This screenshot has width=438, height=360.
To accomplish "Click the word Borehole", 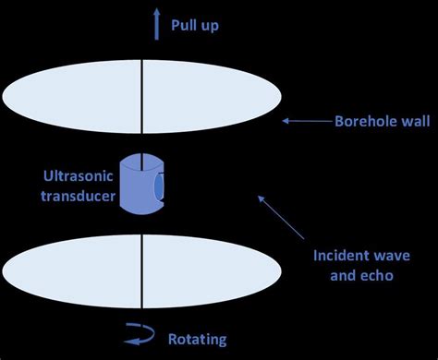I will pyautogui.click(x=362, y=120).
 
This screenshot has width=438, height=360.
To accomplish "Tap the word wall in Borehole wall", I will pyautogui.click(x=412, y=120).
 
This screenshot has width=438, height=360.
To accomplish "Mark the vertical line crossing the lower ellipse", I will pyautogui.click(x=141, y=272).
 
